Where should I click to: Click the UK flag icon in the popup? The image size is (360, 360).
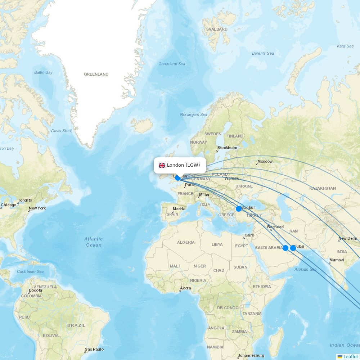click(162, 165)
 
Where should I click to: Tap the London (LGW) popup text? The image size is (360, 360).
click(183, 165)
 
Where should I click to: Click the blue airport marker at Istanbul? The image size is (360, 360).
click(239, 209)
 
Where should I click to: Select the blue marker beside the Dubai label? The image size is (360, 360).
click(293, 248)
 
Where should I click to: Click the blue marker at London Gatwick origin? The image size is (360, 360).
click(177, 177)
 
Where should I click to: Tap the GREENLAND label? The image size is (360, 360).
click(96, 74)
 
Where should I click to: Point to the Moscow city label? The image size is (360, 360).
click(265, 161)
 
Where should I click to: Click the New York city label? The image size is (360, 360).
click(37, 208)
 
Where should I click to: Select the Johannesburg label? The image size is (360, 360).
click(251, 355)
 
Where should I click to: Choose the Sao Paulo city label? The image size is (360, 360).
click(94, 349)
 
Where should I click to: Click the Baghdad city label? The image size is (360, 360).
click(275, 227)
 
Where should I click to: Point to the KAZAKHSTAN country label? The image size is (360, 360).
click(322, 188)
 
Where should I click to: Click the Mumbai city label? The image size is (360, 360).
click(337, 260)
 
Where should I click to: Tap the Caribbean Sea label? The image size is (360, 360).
click(30, 271)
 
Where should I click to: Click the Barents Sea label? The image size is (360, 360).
click(263, 53)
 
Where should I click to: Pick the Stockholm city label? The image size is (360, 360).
click(227, 148)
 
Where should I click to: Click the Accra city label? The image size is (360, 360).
click(185, 288)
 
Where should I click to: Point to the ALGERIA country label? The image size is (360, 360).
click(186, 242)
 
